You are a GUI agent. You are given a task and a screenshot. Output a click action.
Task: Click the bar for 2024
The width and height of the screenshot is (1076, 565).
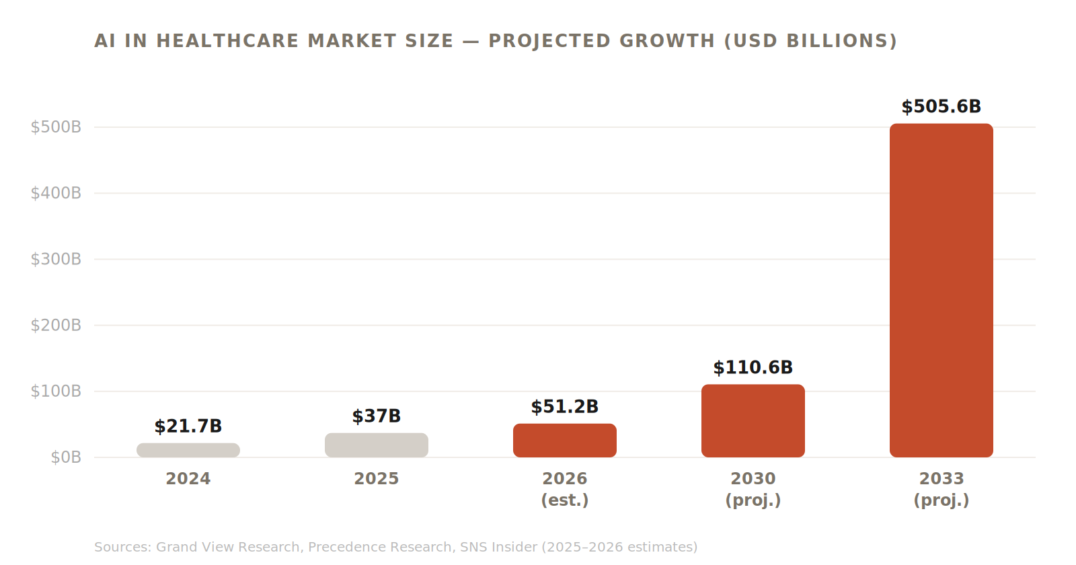pos(188,450)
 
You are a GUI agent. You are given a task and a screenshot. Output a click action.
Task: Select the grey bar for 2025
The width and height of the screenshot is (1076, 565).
pos(377,445)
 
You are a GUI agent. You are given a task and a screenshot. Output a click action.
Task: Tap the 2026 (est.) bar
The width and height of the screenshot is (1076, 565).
pos(565,440)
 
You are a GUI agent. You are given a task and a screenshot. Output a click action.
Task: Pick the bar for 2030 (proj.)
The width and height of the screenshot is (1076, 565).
pos(753,420)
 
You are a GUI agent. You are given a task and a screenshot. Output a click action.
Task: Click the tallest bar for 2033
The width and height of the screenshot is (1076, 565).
pos(941,290)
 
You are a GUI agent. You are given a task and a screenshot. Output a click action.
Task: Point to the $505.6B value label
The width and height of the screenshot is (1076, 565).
pos(941,107)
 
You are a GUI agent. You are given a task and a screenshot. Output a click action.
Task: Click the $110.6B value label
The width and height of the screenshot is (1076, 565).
pos(753,368)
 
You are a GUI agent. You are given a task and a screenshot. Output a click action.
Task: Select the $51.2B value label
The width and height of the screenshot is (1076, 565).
pos(565,407)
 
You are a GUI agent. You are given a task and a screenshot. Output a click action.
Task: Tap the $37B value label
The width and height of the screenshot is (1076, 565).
pos(377,416)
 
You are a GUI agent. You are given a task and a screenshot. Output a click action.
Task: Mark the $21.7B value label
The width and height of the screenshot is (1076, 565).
pos(188,426)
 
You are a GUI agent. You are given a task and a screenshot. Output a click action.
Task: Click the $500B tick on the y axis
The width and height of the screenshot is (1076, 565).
pos(56,127)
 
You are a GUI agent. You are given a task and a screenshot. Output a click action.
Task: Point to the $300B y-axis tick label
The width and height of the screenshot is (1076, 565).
pos(56,259)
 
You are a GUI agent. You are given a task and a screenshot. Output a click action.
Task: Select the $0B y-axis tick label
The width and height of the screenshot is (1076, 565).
pos(66,457)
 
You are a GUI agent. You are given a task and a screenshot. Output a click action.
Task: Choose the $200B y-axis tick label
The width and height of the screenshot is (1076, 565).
pos(56,326)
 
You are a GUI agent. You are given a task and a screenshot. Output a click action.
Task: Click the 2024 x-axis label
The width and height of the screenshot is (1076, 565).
pos(188,479)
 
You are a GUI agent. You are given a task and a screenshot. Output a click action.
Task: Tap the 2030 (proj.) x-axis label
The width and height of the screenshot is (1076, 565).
pos(753,489)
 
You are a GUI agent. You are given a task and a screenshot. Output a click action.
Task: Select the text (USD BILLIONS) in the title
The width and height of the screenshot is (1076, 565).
pos(810,41)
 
